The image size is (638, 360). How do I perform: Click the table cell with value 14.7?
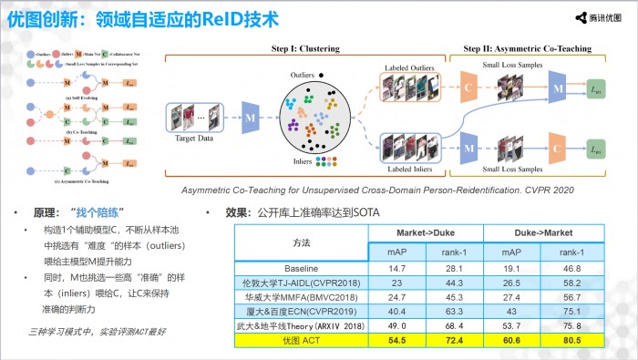click(x=396, y=269)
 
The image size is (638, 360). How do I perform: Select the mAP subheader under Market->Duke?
click(x=396, y=252)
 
